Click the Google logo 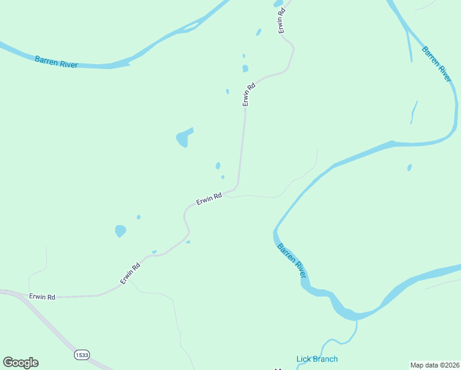(20, 363)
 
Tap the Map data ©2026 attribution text (434, 365)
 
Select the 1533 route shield (81, 355)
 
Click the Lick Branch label (317, 359)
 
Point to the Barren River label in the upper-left (56, 61)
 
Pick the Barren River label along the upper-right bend (437, 64)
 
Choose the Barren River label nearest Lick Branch (291, 260)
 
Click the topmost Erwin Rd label (281, 18)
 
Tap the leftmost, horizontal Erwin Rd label (42, 297)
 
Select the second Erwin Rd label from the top (248, 95)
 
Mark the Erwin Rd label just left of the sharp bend (209, 199)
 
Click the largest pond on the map (184, 138)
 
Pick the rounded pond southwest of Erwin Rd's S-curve (120, 231)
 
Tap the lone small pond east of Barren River (409, 167)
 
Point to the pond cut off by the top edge (278, 3)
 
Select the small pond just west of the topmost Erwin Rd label (258, 32)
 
